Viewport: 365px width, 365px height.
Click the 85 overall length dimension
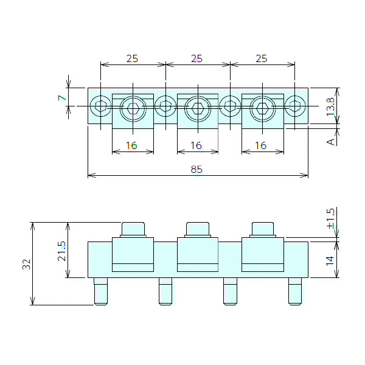click(x=196, y=170)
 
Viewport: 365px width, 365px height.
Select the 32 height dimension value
click(x=26, y=264)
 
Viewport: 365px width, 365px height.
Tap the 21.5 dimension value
click(x=61, y=251)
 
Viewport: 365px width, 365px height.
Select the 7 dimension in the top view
click(x=61, y=97)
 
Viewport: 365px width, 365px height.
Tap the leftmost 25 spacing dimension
click(x=132, y=59)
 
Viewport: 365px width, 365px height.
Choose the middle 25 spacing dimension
click(x=196, y=59)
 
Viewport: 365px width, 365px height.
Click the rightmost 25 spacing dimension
click(x=262, y=59)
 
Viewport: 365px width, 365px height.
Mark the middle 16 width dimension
click(x=196, y=145)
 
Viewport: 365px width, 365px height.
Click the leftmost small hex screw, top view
click(x=100, y=108)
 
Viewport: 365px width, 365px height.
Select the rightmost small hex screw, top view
click(x=295, y=108)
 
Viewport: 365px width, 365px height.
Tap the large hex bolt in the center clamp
click(x=197, y=109)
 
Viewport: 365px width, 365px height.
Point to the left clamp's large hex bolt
click(x=133, y=109)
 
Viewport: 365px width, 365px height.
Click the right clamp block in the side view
click(x=263, y=254)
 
